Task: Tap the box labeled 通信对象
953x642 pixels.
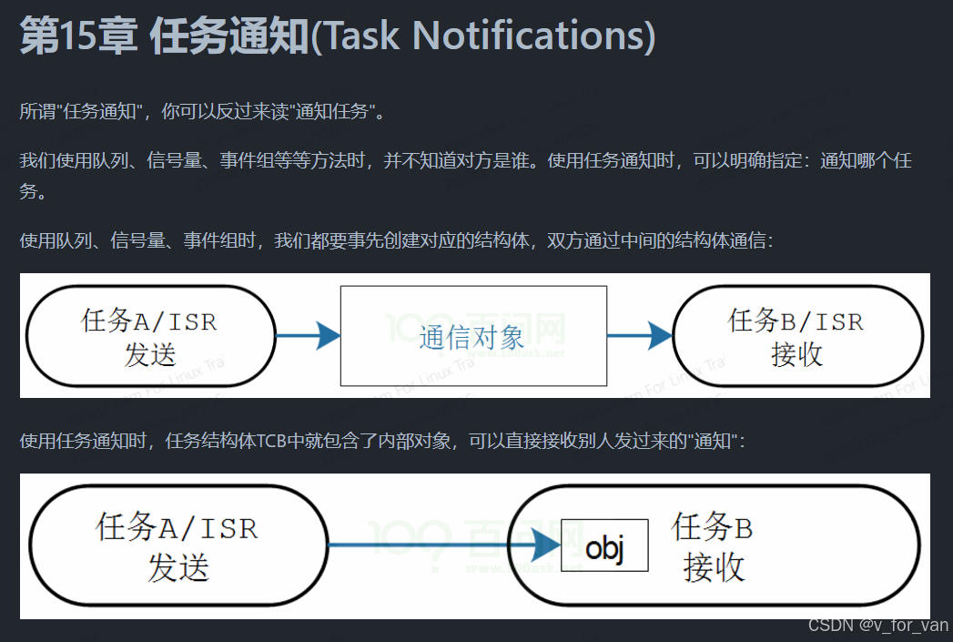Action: point(472,335)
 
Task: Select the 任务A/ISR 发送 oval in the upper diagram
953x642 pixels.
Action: point(150,336)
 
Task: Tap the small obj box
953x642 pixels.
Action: point(604,545)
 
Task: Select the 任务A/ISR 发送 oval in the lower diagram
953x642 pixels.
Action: point(177,545)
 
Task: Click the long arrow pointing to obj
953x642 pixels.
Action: point(437,545)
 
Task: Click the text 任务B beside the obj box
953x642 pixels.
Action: point(713,527)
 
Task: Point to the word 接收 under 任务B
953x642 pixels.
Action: point(715,567)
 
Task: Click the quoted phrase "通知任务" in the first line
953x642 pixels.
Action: point(339,112)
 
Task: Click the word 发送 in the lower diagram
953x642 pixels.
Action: point(178,567)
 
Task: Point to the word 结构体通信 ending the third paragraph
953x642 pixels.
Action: point(727,241)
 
